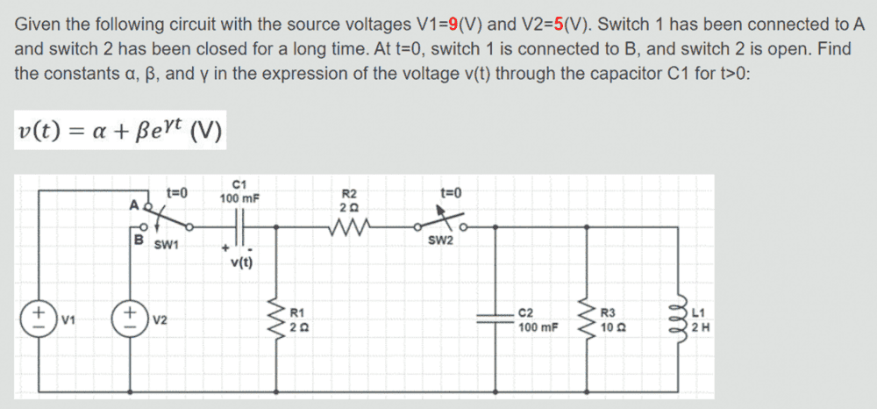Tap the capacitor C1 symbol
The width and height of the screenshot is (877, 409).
tap(239, 226)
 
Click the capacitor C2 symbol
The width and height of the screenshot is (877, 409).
tap(496, 319)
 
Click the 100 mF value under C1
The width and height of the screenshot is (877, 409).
tap(239, 198)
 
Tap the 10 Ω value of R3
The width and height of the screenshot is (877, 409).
tap(611, 329)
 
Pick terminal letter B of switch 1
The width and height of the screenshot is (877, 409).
tap(137, 238)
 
